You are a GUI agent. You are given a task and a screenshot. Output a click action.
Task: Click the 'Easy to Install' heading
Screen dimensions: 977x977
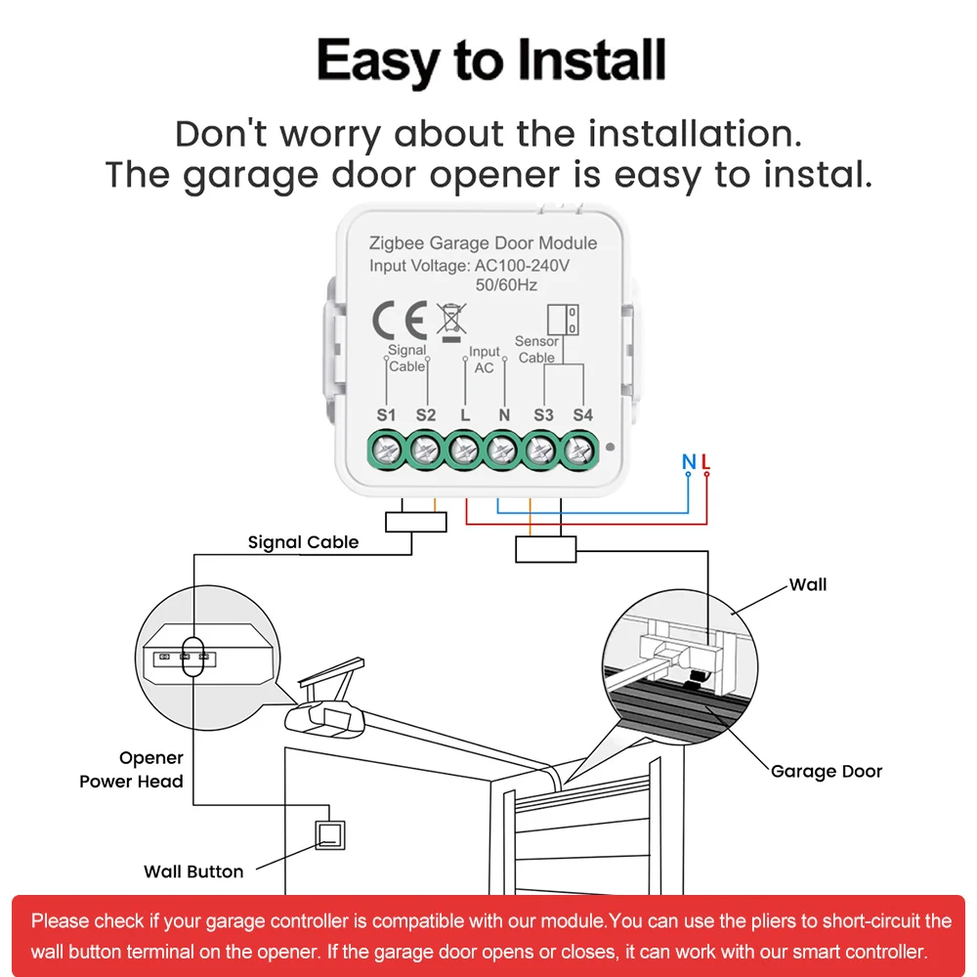point(491,62)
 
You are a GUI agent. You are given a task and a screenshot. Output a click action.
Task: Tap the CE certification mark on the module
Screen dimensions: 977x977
point(397,319)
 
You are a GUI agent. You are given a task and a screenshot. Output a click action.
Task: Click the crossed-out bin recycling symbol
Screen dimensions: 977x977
point(450,319)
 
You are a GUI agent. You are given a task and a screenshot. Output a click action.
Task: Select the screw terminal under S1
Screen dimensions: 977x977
point(386,449)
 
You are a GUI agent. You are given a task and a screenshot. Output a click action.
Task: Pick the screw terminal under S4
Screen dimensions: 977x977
point(580,449)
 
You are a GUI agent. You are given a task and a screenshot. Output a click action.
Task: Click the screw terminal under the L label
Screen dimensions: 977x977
point(464,449)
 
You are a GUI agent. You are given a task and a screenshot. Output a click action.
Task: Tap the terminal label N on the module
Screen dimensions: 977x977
point(504,415)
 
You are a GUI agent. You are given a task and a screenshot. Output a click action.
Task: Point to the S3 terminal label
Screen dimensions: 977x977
point(543,415)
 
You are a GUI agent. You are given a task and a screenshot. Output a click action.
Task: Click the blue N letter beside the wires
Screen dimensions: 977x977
point(688,461)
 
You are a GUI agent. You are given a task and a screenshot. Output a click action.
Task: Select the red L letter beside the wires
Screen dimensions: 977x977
point(705,461)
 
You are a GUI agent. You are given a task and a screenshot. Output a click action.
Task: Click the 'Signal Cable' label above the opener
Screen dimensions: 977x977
point(303,542)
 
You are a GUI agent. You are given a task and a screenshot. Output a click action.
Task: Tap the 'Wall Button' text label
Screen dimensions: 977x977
point(193,871)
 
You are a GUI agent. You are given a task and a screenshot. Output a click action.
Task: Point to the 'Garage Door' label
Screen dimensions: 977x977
point(826,772)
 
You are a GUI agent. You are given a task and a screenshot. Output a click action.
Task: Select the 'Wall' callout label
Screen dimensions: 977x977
point(808,585)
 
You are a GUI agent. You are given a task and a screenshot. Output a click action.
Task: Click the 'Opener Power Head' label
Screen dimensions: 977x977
point(132,770)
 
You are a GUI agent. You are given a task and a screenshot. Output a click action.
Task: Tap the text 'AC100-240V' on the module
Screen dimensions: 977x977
point(522,266)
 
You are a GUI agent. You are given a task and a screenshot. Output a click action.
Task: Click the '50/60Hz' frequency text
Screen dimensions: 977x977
point(505,285)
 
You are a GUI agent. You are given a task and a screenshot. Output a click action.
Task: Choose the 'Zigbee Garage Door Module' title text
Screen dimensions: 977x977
point(483,243)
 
